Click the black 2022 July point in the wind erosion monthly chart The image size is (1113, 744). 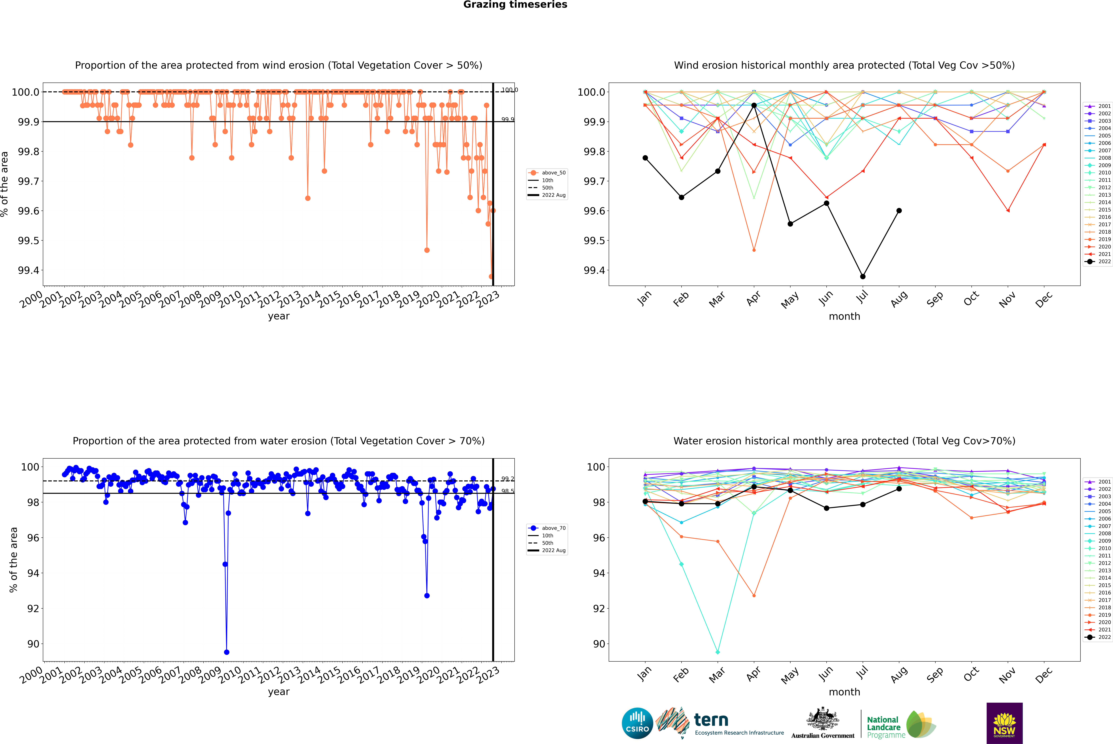click(x=862, y=276)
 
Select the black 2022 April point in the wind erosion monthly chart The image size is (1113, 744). click(x=754, y=105)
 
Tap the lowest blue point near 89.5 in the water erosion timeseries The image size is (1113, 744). click(x=227, y=652)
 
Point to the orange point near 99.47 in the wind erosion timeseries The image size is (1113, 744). click(x=427, y=250)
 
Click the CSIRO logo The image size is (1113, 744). click(x=637, y=723)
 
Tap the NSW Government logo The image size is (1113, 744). click(x=1004, y=723)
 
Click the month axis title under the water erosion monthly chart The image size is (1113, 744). click(x=844, y=692)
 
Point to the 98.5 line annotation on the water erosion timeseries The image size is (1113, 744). click(x=508, y=491)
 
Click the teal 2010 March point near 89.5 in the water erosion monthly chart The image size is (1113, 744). click(x=717, y=652)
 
